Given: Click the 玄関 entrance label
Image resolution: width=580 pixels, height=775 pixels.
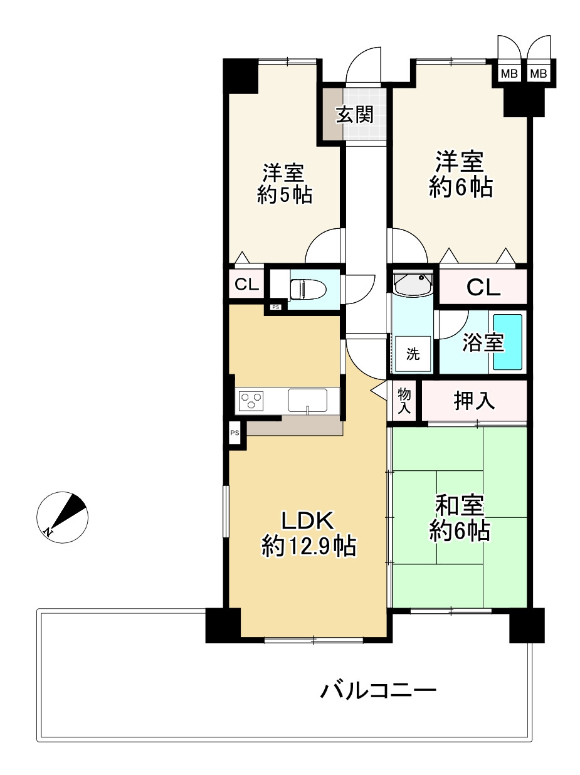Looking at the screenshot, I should click(x=354, y=115).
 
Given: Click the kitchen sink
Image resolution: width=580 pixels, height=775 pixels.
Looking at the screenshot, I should click(x=307, y=399).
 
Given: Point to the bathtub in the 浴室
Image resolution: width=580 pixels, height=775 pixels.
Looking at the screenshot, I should click(x=507, y=342).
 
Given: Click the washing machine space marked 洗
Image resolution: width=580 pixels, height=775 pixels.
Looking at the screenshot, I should click(x=413, y=354).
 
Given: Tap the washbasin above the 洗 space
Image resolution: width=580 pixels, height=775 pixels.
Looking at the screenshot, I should click(x=413, y=285).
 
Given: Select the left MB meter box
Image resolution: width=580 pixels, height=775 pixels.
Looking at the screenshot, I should click(x=509, y=73).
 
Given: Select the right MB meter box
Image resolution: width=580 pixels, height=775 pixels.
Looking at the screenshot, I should click(x=538, y=73).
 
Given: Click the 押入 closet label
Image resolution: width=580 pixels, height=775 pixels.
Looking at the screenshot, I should click(x=474, y=401).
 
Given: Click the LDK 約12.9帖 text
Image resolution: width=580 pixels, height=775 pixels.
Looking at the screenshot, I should click(x=308, y=533).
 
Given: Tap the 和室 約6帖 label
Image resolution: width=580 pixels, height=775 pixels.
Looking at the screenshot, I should click(x=460, y=518).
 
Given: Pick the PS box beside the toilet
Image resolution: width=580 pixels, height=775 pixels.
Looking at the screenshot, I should click(x=275, y=307).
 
